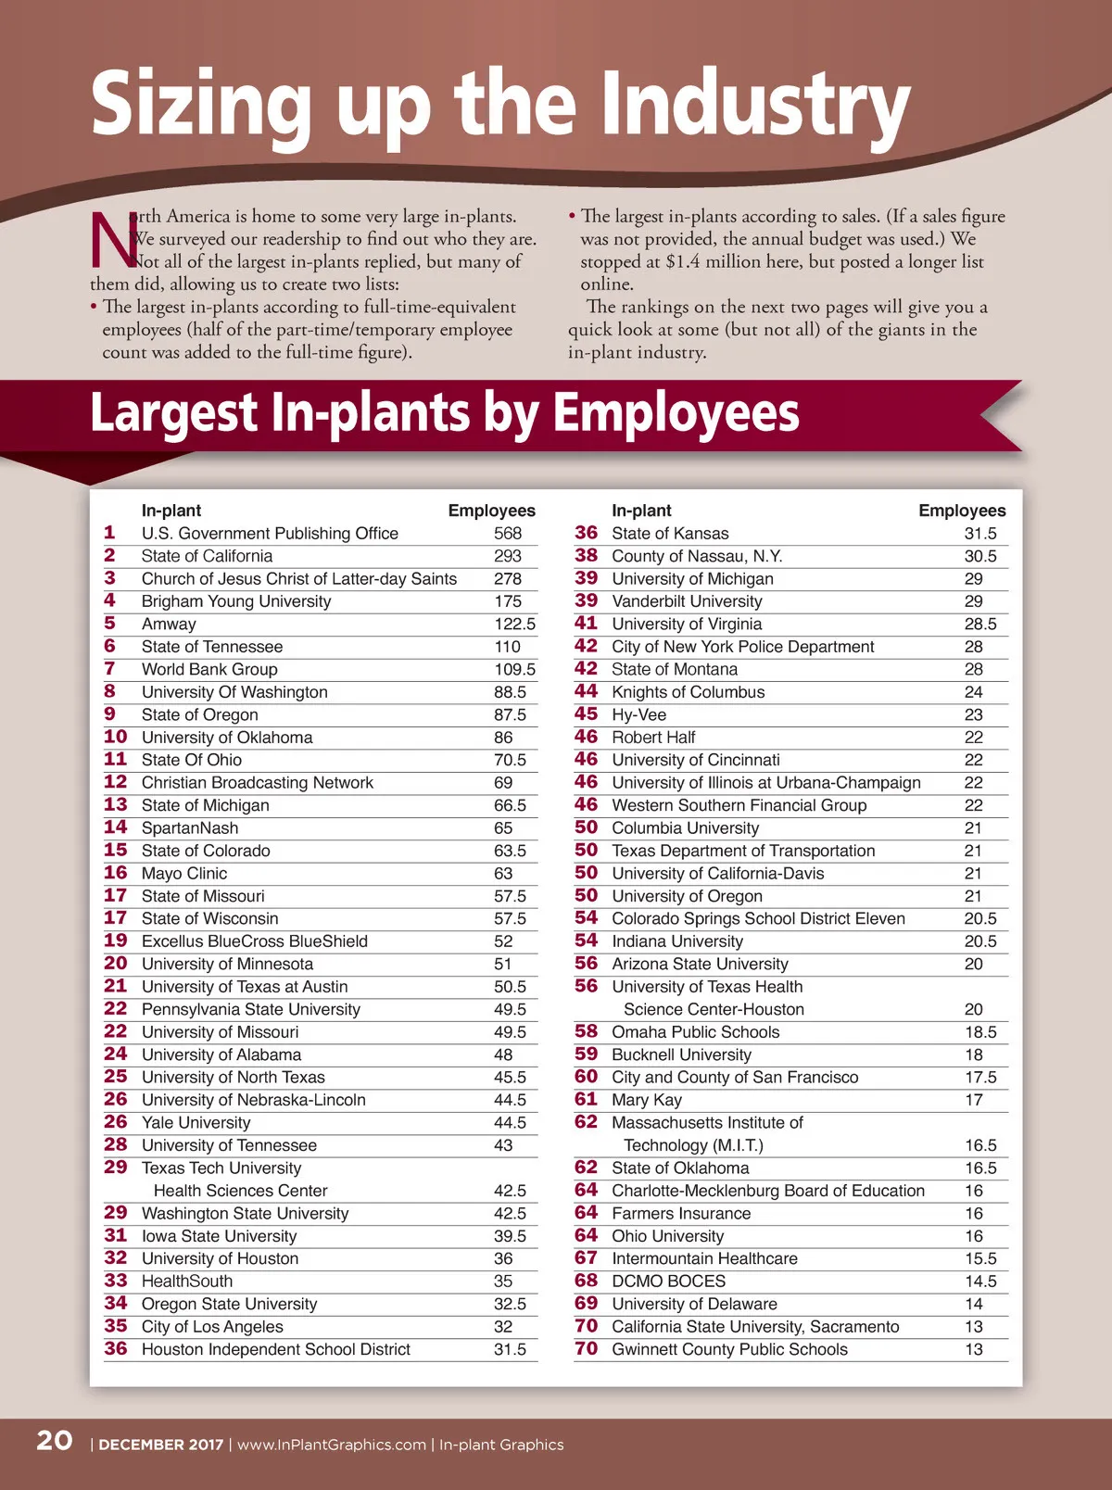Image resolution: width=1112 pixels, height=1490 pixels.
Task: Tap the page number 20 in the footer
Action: point(55,1441)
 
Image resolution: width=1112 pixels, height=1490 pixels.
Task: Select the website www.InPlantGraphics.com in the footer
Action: point(332,1445)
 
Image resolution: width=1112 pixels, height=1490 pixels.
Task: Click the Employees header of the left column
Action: point(491,511)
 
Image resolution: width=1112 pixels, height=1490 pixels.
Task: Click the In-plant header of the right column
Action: point(641,511)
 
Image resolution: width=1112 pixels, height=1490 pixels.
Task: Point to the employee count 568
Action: point(508,534)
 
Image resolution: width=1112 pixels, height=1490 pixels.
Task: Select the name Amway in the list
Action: point(169,625)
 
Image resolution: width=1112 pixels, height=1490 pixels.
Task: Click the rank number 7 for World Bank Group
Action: point(110,669)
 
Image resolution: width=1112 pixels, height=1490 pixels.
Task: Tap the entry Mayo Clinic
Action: point(184,874)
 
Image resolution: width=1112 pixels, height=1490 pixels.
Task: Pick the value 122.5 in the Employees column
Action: point(514,625)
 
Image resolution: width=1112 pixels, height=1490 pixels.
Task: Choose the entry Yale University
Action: point(196,1123)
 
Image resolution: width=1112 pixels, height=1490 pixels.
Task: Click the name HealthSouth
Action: point(187,1282)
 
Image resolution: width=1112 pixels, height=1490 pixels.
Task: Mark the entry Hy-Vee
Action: point(638,715)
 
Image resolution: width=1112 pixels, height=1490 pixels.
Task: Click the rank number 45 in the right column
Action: point(586,714)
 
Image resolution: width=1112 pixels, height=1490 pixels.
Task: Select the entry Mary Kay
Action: point(647,1101)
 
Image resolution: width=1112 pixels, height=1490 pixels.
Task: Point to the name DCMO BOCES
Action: point(668,1282)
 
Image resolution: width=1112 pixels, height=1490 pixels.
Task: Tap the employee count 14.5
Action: point(980,1282)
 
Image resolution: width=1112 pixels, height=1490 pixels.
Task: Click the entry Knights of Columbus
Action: point(689,692)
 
